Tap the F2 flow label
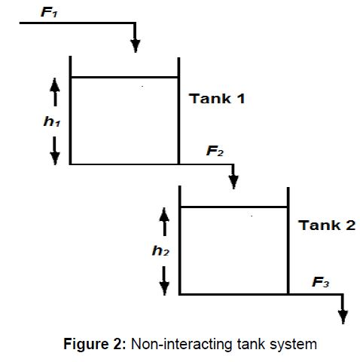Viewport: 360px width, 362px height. click(215, 151)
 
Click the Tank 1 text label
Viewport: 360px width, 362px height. click(217, 99)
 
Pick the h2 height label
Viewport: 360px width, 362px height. click(161, 251)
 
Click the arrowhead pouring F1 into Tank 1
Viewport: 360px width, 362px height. click(136, 46)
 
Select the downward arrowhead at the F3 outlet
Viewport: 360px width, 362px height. click(343, 315)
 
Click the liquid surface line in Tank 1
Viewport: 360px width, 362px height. click(124, 77)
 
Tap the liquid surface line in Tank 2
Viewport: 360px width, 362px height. click(233, 207)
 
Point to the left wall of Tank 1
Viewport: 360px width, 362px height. click(70, 113)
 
